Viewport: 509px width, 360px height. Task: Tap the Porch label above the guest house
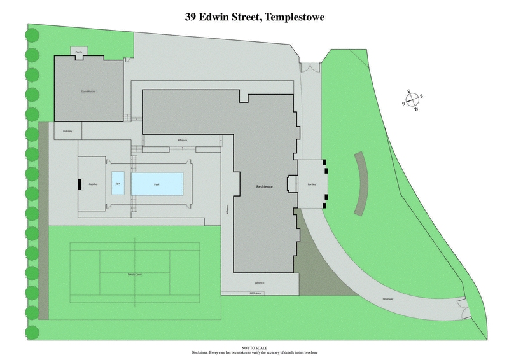[x=78, y=52]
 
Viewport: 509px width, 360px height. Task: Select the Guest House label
[x=88, y=92]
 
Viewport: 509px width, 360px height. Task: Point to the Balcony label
[x=68, y=132]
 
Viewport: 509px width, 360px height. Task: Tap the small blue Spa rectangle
[x=118, y=183]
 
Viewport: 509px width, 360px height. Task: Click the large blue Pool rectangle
[x=157, y=184]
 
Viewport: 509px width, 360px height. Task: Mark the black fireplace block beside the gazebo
[x=80, y=184]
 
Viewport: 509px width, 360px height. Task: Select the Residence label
[x=264, y=186]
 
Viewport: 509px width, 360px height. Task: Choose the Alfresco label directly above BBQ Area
[x=260, y=282]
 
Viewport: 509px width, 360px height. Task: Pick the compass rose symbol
[x=412, y=100]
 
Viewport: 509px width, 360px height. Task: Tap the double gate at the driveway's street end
[x=463, y=311]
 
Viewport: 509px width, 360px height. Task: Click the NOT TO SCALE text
[x=254, y=348]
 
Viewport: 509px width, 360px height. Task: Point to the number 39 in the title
[x=190, y=17]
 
